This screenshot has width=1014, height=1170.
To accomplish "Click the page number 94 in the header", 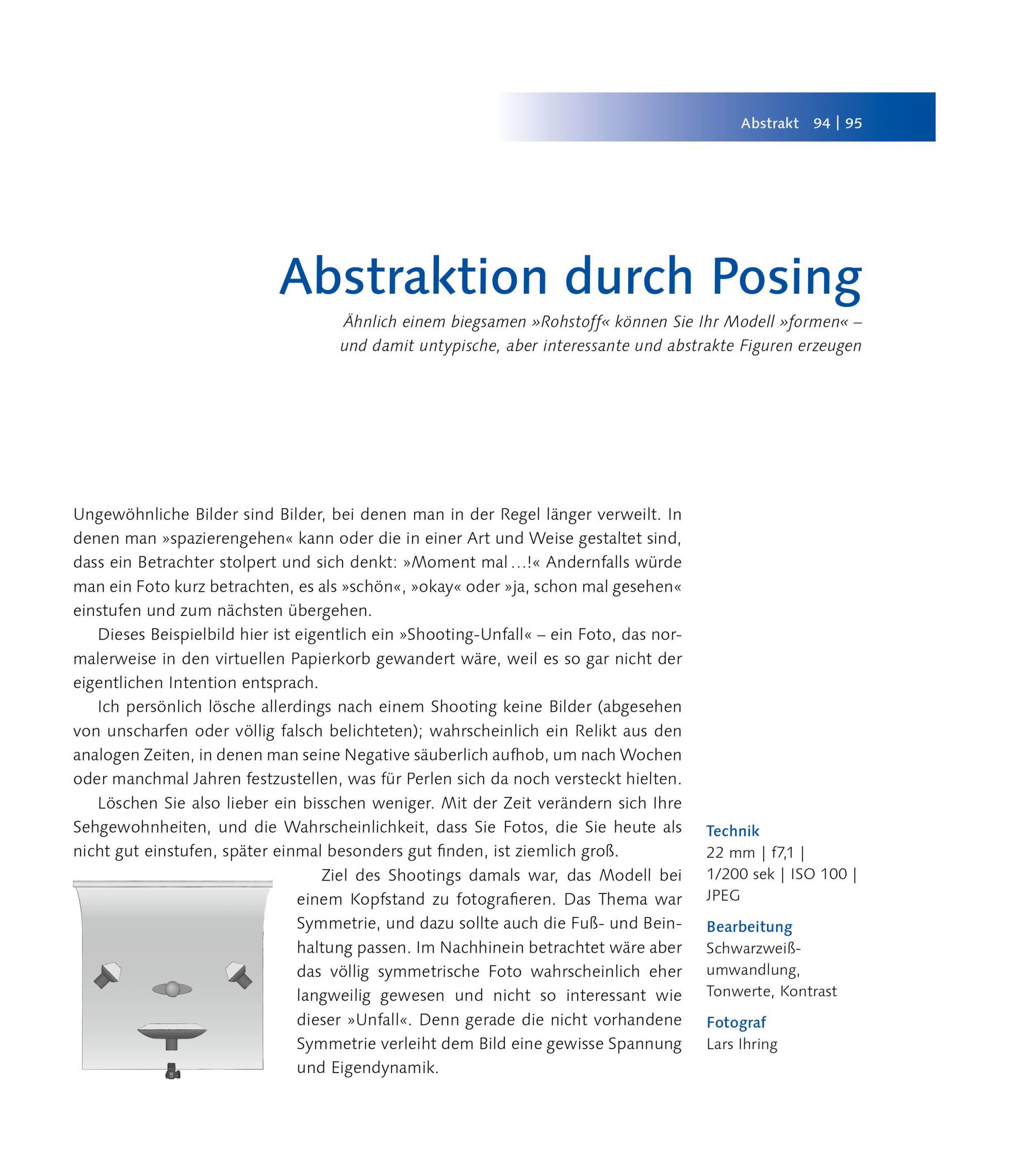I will pyautogui.click(x=822, y=123).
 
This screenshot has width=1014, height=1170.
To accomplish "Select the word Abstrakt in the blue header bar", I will pyautogui.click(x=770, y=123).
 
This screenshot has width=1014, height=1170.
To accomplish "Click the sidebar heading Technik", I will pyautogui.click(x=733, y=831).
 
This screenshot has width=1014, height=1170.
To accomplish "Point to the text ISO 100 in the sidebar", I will pyautogui.click(x=818, y=874).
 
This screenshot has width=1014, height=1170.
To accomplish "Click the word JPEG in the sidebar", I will pyautogui.click(x=723, y=896).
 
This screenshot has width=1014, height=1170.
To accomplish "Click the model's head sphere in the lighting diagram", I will pyautogui.click(x=172, y=989).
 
